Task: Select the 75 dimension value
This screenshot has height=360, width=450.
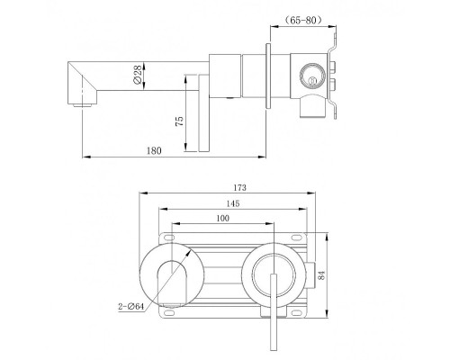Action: (x=181, y=120)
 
